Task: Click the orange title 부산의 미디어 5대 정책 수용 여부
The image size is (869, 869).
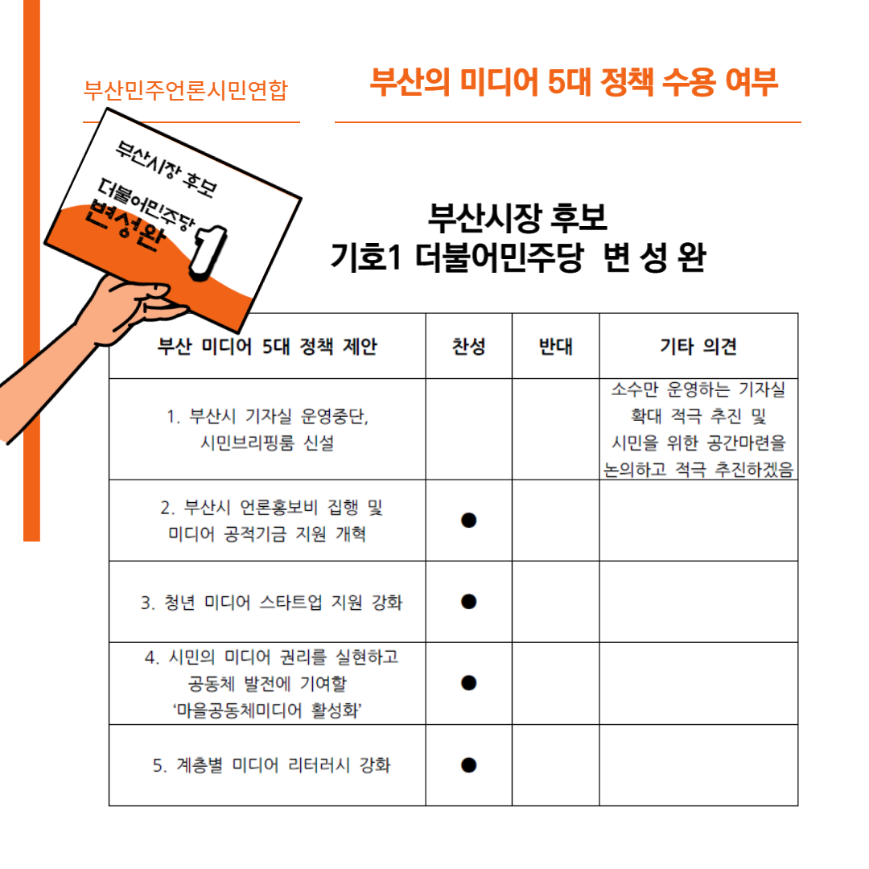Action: (575, 82)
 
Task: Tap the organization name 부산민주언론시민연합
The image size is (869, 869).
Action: (186, 90)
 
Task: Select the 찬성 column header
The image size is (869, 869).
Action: (469, 346)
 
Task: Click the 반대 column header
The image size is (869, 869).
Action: (556, 346)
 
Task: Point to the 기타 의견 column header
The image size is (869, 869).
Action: (698, 346)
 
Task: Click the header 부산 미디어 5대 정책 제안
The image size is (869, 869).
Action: (267, 346)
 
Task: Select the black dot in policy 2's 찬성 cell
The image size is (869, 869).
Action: (469, 520)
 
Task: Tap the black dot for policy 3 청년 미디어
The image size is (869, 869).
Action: (469, 601)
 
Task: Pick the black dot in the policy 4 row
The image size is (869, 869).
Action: (469, 683)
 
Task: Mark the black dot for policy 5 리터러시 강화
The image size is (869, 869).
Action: (469, 765)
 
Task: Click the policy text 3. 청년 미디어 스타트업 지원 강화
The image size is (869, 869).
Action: (272, 602)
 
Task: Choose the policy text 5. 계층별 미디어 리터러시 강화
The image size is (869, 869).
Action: (272, 765)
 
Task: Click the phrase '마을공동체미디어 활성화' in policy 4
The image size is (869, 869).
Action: (267, 710)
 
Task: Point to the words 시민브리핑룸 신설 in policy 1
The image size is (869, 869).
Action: (267, 443)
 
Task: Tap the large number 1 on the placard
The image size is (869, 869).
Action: (208, 251)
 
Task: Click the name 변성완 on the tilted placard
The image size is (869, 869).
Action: (126, 226)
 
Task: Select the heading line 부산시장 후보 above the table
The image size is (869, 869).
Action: (517, 217)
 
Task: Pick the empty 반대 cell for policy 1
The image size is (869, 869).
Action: (556, 429)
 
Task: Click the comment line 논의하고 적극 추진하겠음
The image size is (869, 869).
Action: (698, 469)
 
